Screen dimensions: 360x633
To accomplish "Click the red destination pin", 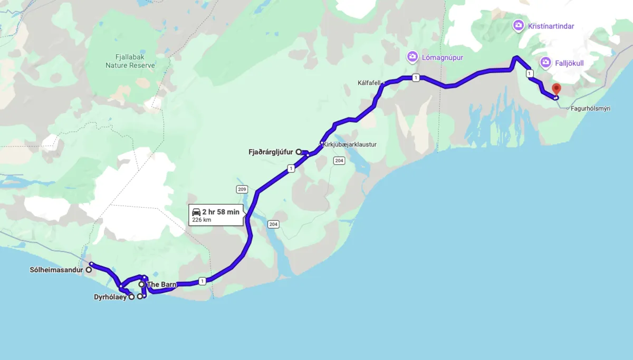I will (556, 89).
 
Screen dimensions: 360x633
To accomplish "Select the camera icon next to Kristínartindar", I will (519, 25).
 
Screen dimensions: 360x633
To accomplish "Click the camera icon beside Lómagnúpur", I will (412, 57).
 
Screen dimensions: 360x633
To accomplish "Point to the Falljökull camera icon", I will (545, 63).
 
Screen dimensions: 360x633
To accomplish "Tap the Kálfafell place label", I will (369, 83).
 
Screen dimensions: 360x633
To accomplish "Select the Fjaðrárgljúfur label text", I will (271, 152).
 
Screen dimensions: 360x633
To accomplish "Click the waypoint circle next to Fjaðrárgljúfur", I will (299, 152).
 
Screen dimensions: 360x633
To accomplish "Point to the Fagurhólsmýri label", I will (591, 109).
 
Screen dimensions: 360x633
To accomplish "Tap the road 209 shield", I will (242, 189).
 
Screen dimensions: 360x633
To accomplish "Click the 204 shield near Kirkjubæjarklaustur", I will (339, 161).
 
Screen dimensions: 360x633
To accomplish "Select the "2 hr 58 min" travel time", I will (220, 212).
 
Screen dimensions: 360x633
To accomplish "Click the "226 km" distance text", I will (202, 220).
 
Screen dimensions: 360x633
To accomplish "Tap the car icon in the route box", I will (196, 212).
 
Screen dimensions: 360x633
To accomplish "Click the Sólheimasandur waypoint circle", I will (89, 270).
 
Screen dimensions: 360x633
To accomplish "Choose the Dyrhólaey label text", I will (111, 297).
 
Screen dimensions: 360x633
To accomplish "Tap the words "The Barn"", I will (161, 285).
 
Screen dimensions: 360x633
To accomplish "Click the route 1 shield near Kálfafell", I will (416, 78).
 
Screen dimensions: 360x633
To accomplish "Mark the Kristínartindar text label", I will (551, 26).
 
